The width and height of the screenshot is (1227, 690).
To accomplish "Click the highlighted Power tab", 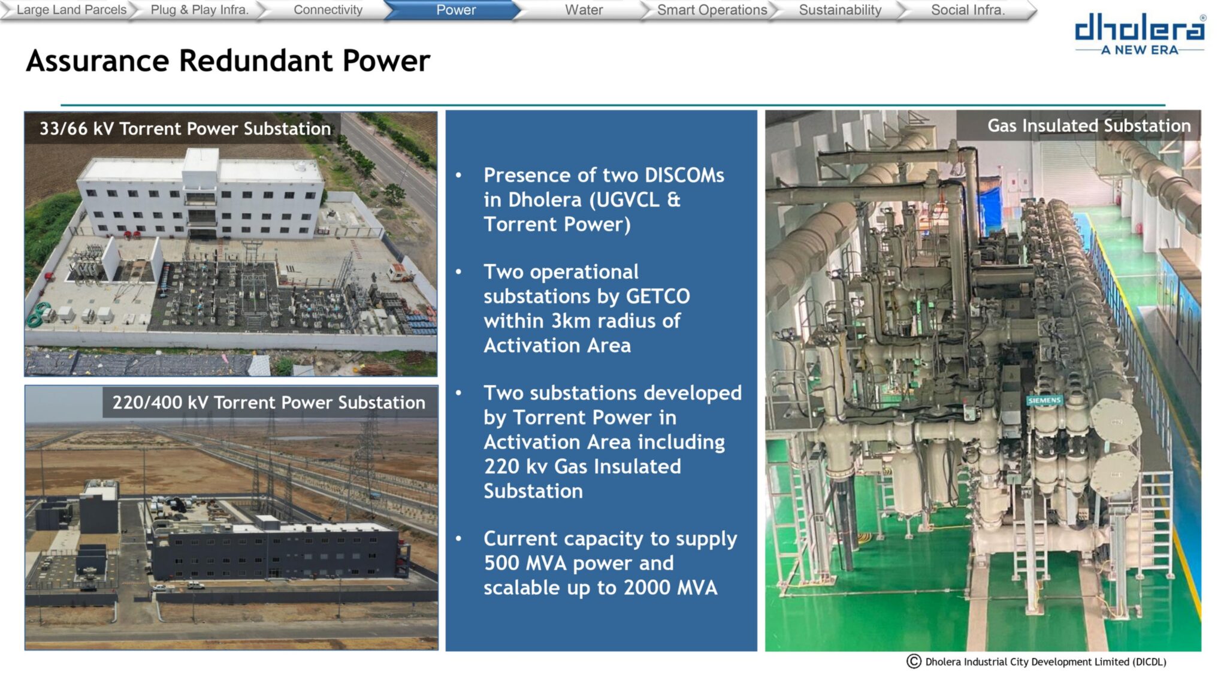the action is click(456, 10).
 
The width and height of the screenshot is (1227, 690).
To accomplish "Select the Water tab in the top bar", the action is click(584, 10).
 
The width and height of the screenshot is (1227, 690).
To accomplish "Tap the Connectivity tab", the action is click(328, 10).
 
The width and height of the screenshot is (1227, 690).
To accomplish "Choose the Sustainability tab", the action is click(840, 10).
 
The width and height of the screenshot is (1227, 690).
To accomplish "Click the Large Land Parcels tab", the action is click(71, 10).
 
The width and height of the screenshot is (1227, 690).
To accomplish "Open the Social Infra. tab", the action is click(968, 10).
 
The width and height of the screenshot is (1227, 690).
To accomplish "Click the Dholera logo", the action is click(1140, 35).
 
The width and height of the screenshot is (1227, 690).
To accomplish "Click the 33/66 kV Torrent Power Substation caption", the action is click(185, 129).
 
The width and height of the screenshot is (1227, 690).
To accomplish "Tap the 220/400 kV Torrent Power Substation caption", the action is click(269, 402).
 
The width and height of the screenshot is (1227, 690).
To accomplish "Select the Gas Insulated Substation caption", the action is click(1089, 126).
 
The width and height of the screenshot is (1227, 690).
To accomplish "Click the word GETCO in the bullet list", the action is click(658, 296).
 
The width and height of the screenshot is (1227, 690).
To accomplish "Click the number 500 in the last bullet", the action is click(502, 563).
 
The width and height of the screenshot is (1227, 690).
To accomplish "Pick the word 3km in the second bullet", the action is click(573, 321).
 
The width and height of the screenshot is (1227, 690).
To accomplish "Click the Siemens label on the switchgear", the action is click(1044, 400).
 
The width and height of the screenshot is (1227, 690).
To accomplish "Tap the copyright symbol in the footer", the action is click(914, 661).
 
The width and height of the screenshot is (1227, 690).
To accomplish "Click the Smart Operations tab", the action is click(712, 10).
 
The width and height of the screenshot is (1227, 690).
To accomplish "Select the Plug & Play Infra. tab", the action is click(200, 10).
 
